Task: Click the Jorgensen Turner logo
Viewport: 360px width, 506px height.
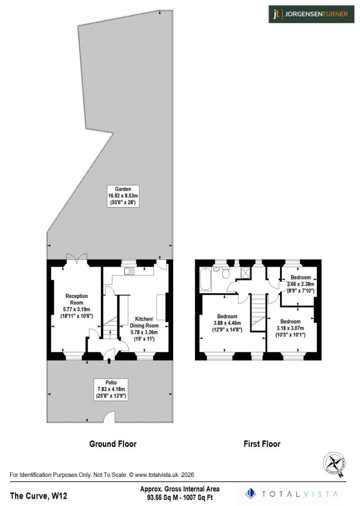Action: (x=311, y=14)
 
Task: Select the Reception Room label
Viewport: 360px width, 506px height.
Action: (x=76, y=306)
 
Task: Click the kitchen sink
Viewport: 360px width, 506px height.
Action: (x=129, y=271)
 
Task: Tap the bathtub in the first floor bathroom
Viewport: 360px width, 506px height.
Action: (x=205, y=280)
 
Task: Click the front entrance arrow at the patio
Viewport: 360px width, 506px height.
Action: (x=110, y=360)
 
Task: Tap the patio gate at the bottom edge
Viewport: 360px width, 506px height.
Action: (x=110, y=417)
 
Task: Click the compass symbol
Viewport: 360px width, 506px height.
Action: (x=334, y=465)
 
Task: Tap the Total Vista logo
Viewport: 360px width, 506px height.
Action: (x=294, y=493)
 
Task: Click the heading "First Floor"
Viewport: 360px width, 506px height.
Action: (x=262, y=444)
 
